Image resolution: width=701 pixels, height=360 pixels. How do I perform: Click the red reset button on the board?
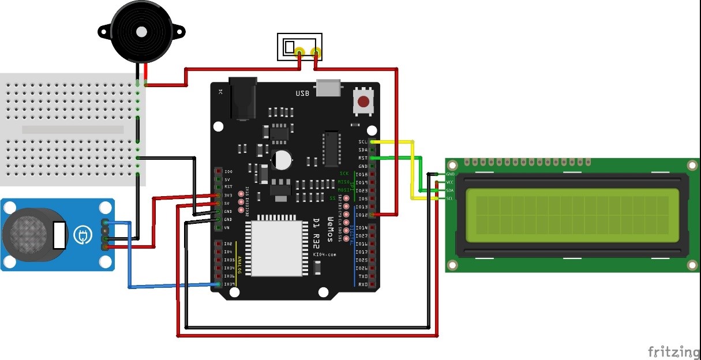363,102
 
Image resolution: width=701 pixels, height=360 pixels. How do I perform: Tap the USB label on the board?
303,93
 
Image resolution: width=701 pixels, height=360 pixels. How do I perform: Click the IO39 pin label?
228,284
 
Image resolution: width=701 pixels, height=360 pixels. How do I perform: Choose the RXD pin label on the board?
363,284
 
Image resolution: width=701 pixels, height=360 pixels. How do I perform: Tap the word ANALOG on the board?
240,269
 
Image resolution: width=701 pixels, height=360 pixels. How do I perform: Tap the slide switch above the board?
299,47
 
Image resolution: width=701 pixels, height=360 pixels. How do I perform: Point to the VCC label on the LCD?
450,182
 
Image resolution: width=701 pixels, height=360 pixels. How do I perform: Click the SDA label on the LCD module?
450,190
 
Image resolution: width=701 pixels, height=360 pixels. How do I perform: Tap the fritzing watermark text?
673,351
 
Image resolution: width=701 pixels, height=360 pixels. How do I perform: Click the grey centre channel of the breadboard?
73,130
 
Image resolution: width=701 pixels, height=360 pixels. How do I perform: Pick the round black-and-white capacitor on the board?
282,159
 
